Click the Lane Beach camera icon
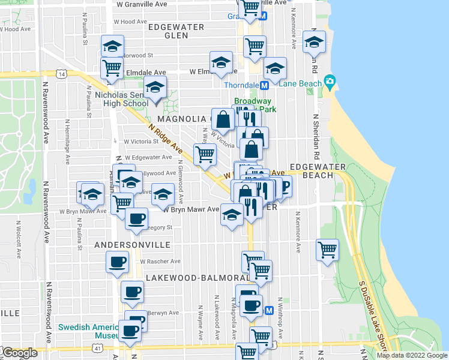coord(329,82)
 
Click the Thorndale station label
coord(241,85)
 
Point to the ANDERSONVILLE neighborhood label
coord(132,245)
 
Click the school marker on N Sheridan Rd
coord(313,43)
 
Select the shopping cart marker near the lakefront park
coord(327,249)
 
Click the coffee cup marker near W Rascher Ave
coord(117,261)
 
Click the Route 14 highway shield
coord(62,74)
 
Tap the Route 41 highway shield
coord(97,347)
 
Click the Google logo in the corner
coord(20,353)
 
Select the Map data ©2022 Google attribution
coord(411,355)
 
